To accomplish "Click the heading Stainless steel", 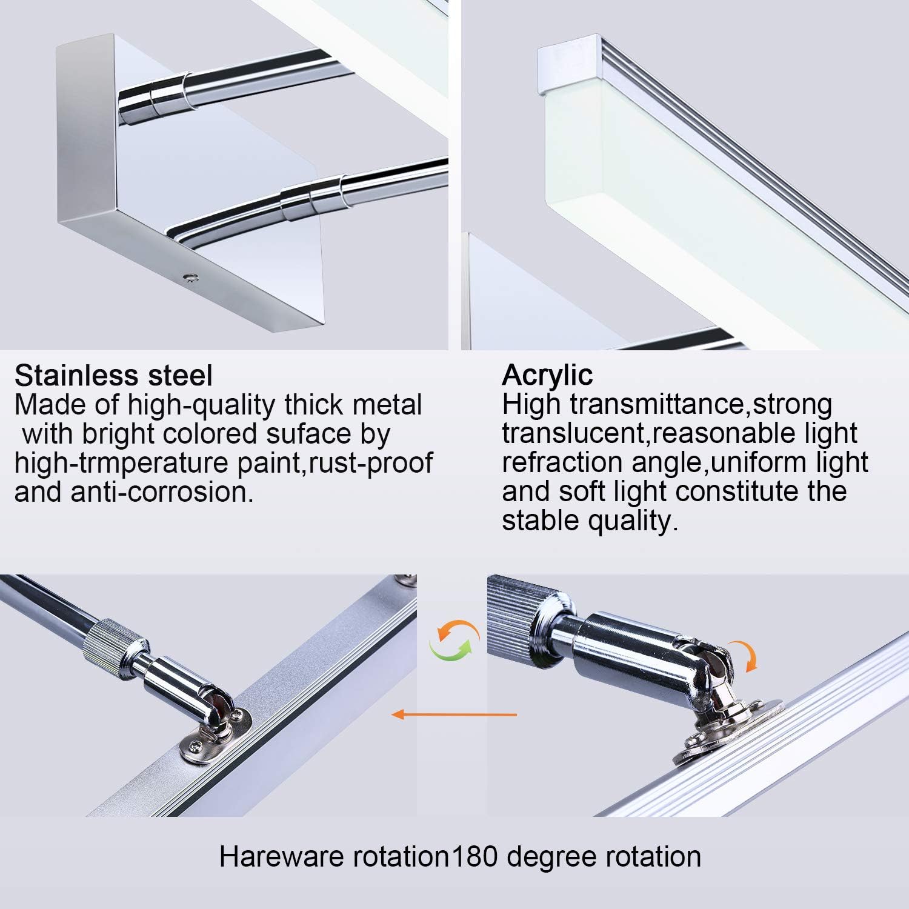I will click(x=113, y=376).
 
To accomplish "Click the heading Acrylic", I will click(x=547, y=375).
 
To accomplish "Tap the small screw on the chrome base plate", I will click(x=192, y=278).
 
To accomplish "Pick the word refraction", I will click(x=562, y=462).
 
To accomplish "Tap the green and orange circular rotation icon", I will click(x=454, y=640).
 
